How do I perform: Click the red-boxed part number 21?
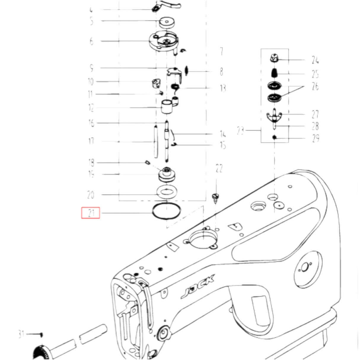91,213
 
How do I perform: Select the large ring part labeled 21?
166,211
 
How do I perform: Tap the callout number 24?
315,60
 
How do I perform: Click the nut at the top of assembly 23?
275,58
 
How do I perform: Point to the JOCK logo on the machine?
198,286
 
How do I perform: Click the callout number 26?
315,86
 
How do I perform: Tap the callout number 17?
91,141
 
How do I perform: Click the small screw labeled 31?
41,334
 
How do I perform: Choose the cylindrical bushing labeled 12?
167,107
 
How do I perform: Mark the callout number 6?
91,41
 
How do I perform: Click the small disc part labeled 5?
167,22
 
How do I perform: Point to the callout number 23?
240,130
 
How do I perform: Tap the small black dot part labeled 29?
275,137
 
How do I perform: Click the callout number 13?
223,88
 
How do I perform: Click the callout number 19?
91,174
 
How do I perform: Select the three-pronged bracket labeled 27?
274,116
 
